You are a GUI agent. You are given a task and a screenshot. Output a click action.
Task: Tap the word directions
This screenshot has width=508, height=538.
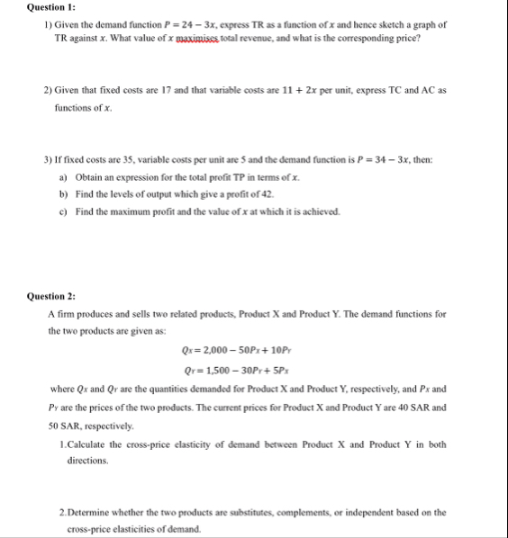point(87,460)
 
